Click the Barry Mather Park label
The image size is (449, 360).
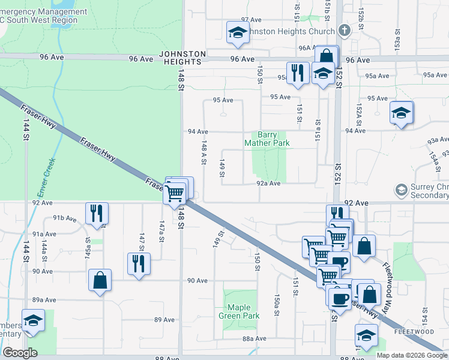[x=267, y=139]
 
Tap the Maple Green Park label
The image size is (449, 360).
[x=239, y=311]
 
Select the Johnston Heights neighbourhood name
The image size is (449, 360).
[x=182, y=58]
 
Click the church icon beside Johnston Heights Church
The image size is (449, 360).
[x=343, y=30]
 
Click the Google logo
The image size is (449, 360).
[x=20, y=353]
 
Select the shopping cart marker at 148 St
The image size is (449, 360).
[x=174, y=193]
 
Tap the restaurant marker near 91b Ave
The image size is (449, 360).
[x=95, y=213]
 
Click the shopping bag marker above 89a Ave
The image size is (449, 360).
[x=100, y=280]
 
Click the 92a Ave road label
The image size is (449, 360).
[x=268, y=184]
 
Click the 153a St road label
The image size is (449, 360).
[x=397, y=43]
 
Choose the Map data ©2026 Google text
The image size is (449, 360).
[x=412, y=355]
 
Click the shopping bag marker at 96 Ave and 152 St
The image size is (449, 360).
[x=326, y=57]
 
